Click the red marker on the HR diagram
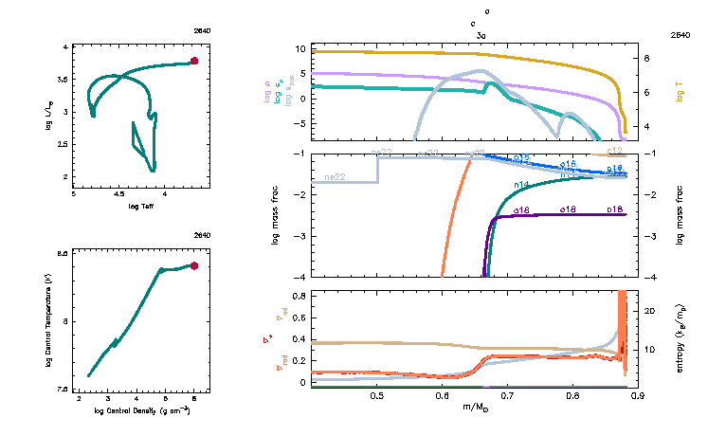pos(194,61)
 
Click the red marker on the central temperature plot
pos(194,266)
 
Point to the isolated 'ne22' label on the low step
pos(334,177)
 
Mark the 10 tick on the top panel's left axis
pos(299,48)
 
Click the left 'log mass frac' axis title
pos(276,215)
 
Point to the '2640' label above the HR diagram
pos(201,30)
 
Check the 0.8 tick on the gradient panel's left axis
pos(298,297)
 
